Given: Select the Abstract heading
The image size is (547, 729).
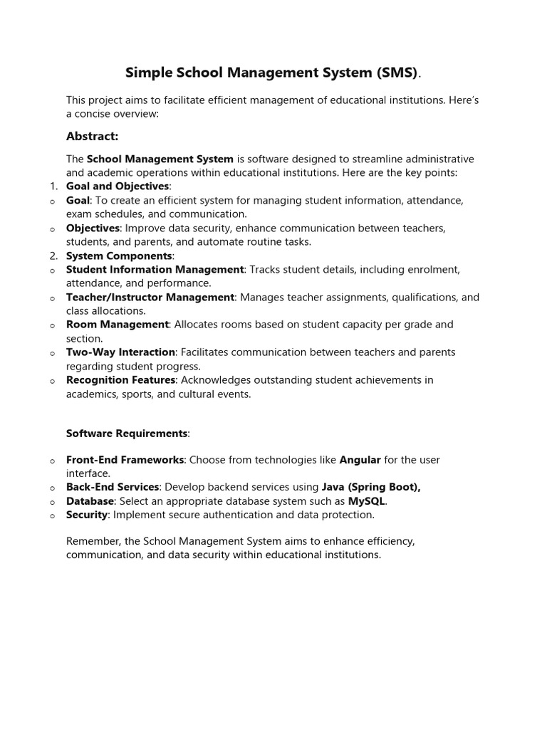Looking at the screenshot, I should pos(92,136).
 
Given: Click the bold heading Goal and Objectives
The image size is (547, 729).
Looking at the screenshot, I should pos(118,187).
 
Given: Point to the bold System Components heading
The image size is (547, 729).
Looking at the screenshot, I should pos(119,256).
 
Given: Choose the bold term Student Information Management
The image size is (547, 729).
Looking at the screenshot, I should pos(155,270).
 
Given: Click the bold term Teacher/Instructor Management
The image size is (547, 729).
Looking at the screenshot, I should pos(150,298).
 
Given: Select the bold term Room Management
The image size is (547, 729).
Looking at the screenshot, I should pos(118,325).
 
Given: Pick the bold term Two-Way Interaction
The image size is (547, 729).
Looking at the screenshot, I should pos(120,352).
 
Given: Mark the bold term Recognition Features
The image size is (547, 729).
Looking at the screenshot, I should pos(121,380).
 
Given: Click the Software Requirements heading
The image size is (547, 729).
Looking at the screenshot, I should pos(127,433).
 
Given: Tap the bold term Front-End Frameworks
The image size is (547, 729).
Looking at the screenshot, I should pos(125,460).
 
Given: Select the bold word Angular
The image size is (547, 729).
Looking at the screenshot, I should pos(360,460).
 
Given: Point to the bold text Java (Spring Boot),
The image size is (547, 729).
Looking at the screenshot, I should pos(371,487).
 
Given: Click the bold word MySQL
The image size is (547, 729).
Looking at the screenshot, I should pos(366,501).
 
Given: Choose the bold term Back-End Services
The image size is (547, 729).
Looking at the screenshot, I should pos(113,487).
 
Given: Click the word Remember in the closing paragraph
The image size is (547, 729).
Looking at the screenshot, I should pos(92,541).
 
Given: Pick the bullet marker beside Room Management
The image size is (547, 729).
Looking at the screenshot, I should pos(53,326).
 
